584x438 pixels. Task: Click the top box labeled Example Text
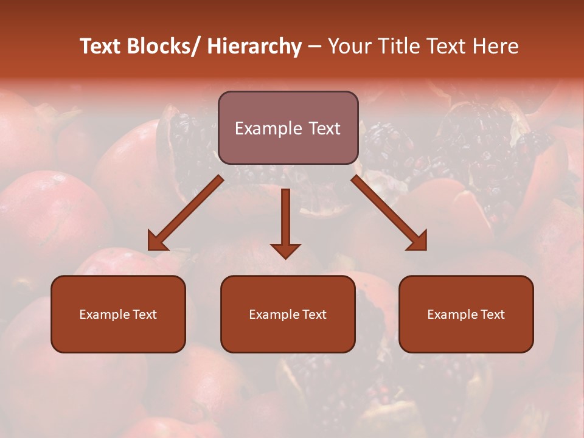click(288, 128)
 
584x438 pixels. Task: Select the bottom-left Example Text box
click(118, 314)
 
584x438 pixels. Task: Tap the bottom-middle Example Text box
click(288, 314)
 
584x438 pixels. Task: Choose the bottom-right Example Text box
click(466, 314)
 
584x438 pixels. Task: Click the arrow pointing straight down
click(285, 222)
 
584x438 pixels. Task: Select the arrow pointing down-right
click(389, 213)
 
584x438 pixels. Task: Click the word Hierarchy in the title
click(254, 47)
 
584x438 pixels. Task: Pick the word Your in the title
click(349, 47)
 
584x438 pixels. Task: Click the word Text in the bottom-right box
click(493, 315)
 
